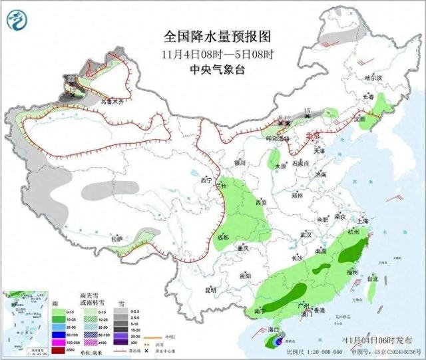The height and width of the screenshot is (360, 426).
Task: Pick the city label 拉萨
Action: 117,238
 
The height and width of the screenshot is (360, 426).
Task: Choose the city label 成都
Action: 222,238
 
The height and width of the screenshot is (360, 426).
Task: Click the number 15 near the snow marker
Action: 307,109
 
